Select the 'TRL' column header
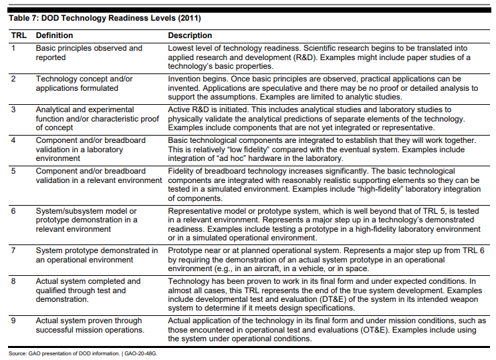pos(17,35)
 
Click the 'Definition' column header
pos(54,35)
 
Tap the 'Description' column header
pos(190,35)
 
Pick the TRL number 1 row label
pos(13,48)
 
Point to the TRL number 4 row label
pos(13,140)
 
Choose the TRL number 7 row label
pos(13,250)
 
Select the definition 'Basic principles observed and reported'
pos(88,53)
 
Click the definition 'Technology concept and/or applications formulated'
pos(84,83)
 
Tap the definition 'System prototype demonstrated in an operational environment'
pos(96,255)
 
